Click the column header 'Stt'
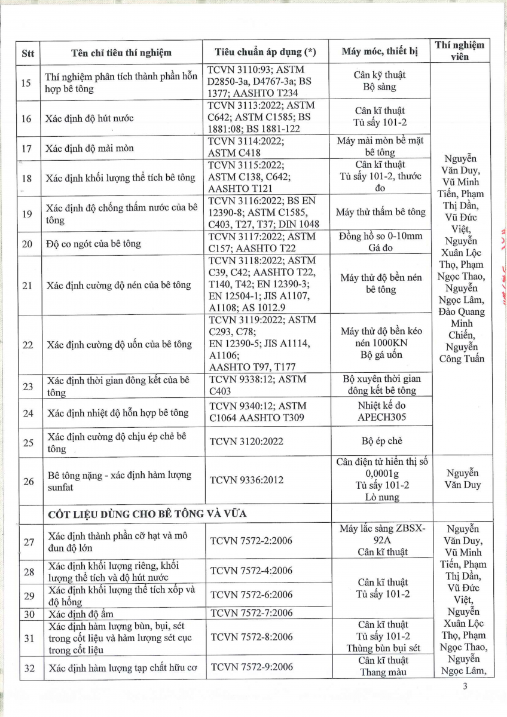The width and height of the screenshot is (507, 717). coord(28,53)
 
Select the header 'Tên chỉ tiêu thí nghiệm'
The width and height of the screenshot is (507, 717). coord(121,52)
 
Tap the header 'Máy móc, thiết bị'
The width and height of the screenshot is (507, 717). coord(380,51)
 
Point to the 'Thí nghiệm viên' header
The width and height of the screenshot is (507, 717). coord(460,51)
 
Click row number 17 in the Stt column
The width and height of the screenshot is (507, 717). coord(27,147)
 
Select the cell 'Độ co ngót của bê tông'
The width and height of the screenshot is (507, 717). coord(93,243)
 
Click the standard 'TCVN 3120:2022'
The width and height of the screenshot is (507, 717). coord(246,442)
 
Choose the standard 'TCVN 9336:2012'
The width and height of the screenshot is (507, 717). coord(246,480)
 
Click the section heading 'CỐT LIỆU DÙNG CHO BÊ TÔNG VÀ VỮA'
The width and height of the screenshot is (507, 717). coord(148,513)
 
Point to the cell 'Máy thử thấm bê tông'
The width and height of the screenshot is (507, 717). coord(381,212)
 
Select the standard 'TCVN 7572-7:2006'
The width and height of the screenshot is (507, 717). coord(251,612)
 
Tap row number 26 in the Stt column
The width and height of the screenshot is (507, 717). coord(27,480)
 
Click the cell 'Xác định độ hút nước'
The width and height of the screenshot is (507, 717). coord(89,118)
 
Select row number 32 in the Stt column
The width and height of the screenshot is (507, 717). coord(27,666)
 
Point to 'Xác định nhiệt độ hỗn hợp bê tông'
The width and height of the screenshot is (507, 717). coord(118,413)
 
